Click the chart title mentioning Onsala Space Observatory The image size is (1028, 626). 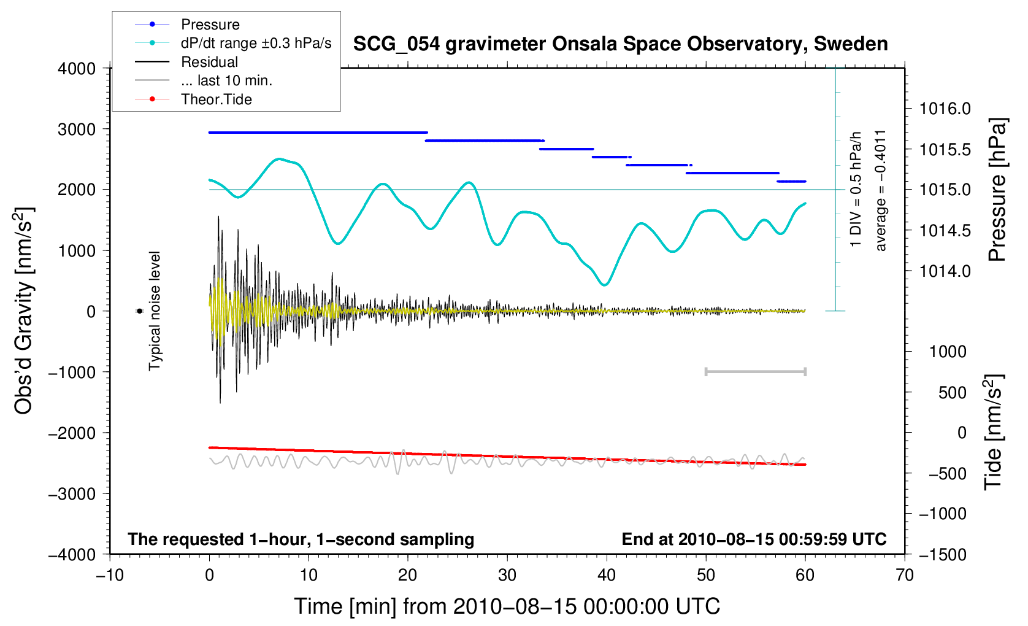click(621, 44)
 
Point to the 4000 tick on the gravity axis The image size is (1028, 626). click(77, 69)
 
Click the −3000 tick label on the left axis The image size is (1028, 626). click(72, 493)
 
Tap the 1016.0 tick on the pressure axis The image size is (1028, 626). click(945, 109)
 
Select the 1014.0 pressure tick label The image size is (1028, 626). click(945, 271)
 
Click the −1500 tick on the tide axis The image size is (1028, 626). click(943, 554)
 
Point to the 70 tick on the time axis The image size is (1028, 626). click(905, 575)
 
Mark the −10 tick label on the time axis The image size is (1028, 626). click(110, 575)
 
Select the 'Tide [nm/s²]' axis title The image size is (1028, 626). click(993, 433)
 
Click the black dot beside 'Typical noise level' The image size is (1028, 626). click(139, 311)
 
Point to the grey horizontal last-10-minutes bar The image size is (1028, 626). click(756, 371)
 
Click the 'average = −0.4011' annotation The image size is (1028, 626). click(880, 191)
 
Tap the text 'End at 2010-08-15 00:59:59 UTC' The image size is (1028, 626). click(754, 539)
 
